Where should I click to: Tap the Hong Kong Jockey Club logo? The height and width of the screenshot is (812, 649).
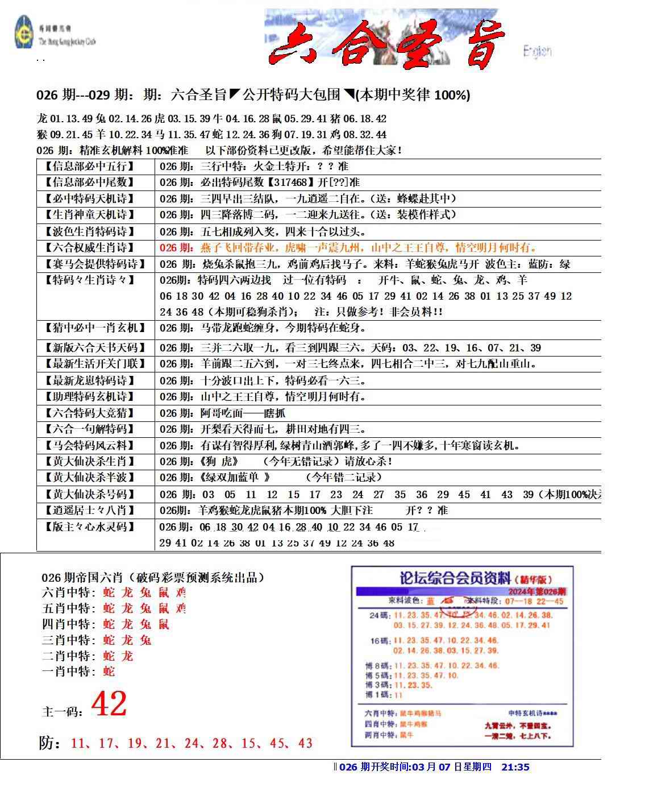point(24,33)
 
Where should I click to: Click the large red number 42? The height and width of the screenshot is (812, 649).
point(109,704)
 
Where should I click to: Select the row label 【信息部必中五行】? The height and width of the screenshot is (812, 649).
point(89,167)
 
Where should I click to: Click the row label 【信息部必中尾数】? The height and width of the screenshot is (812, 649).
point(89,183)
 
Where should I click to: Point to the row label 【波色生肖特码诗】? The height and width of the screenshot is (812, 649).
point(89,231)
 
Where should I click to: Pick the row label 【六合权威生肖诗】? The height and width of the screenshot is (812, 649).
point(89,247)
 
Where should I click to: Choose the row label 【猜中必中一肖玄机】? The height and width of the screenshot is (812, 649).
point(94,328)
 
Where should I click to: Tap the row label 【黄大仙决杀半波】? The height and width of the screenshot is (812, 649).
point(89,478)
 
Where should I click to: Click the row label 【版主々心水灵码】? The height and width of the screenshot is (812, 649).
point(89,527)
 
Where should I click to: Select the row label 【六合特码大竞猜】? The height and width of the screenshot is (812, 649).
point(89,413)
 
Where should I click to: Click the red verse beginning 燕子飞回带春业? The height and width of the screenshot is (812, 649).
point(369,248)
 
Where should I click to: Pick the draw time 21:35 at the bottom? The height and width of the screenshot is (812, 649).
point(515,767)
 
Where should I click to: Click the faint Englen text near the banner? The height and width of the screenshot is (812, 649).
point(537,52)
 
